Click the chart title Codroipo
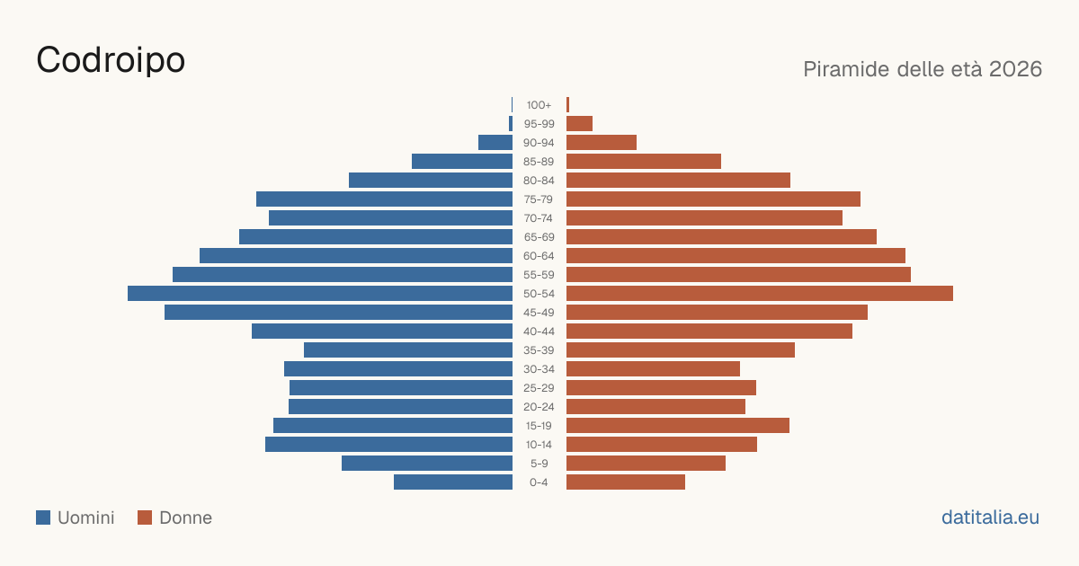[x=111, y=61]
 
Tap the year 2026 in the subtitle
[x=1015, y=69]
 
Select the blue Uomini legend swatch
[x=43, y=517]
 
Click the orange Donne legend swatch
[x=145, y=517]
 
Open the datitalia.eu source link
[x=990, y=517]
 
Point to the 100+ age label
[x=539, y=105]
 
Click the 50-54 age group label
[x=539, y=294]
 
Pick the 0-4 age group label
[x=539, y=482]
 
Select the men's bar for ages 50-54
[x=320, y=294]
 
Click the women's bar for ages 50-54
[x=760, y=294]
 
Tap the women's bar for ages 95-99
[x=579, y=124]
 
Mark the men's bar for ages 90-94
[x=495, y=143]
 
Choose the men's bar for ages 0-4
[x=453, y=482]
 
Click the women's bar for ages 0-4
[x=626, y=482]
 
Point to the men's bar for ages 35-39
[x=408, y=349]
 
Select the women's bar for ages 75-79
[x=713, y=199]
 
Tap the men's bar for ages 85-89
[x=462, y=161]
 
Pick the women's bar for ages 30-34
[x=653, y=369]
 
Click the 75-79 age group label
[x=539, y=199]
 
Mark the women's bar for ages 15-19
[x=678, y=426]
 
